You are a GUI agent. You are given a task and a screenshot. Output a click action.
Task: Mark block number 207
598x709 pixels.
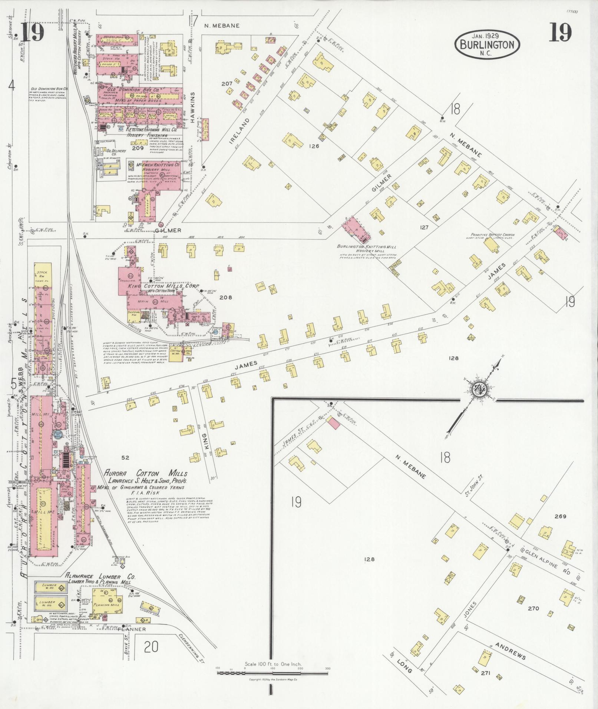coord(227,84)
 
